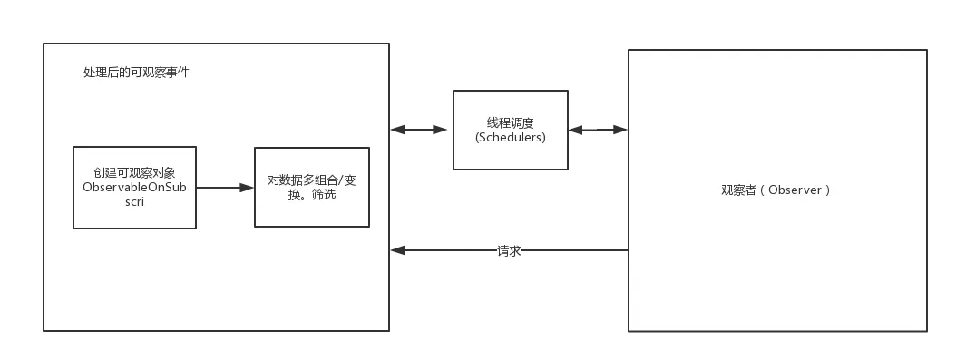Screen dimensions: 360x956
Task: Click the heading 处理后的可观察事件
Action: point(136,72)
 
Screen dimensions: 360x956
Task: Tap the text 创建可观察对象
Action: point(134,172)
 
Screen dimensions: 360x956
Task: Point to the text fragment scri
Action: point(134,203)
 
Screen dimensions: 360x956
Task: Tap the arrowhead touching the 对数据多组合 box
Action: point(248,188)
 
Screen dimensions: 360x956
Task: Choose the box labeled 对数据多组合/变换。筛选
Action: point(312,213)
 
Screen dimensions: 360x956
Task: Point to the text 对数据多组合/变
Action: point(312,180)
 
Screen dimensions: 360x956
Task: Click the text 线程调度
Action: point(511,122)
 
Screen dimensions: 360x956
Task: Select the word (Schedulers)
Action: point(511,138)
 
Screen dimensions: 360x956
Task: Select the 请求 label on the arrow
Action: point(509,251)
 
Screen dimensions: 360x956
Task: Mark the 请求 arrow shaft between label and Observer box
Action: point(574,250)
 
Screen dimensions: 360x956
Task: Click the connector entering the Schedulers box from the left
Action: point(422,131)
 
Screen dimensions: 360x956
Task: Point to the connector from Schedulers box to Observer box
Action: point(597,131)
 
